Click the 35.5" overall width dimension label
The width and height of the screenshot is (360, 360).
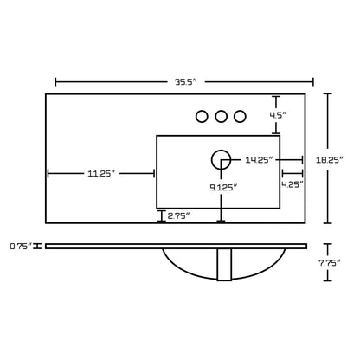coord(185,82)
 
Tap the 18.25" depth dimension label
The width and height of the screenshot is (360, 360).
coord(330,160)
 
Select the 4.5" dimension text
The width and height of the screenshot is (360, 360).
coord(278,115)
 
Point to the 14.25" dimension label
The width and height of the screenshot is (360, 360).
coord(259,160)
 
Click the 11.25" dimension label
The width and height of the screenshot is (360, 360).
coord(101,173)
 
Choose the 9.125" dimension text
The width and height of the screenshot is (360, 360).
coord(223,188)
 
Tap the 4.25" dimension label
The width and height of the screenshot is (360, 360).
coord(292,184)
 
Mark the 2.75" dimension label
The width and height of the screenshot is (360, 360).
coord(178,215)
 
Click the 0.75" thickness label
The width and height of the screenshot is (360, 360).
coord(21,247)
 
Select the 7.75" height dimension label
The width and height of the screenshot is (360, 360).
coord(330,263)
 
